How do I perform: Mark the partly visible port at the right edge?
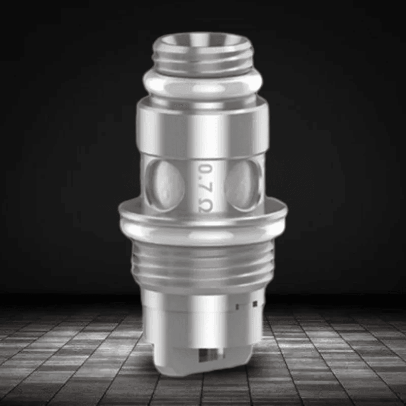tap(263, 180)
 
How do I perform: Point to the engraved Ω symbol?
tap(205, 204)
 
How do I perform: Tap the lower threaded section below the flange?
tap(203, 264)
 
